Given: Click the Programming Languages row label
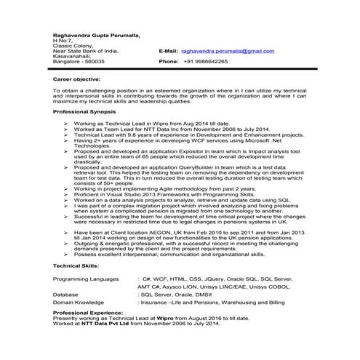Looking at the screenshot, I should coord(86,279).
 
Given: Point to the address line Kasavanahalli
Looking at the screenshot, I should coord(72,57).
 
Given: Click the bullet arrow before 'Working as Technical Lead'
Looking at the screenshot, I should coord(67,125).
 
